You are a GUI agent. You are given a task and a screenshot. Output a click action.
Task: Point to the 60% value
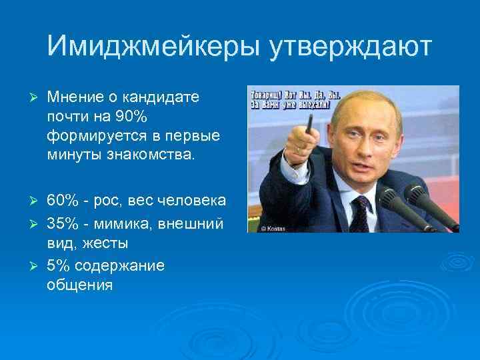click(x=66, y=201)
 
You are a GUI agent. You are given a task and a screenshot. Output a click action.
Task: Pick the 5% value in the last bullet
click(x=59, y=265)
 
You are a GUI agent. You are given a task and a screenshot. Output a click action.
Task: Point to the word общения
click(x=80, y=286)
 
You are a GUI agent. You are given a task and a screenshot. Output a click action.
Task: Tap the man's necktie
click(x=359, y=214)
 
